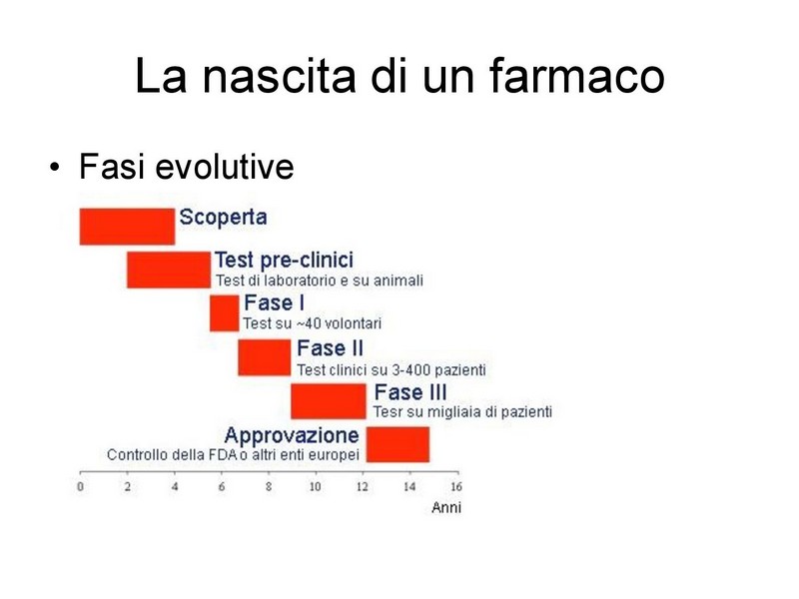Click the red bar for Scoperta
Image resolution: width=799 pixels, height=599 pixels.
click(128, 227)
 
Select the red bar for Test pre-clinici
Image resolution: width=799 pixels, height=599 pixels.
click(169, 270)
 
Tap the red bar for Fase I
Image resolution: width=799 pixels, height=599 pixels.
click(224, 313)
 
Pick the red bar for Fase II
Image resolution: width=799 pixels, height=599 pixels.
click(265, 357)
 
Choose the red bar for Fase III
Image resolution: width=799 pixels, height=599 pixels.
click(329, 401)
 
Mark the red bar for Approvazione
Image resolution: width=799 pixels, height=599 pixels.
click(398, 444)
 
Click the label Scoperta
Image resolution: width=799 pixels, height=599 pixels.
click(223, 218)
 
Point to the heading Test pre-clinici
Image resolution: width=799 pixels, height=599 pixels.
click(284, 261)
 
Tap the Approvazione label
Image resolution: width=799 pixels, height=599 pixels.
click(292, 435)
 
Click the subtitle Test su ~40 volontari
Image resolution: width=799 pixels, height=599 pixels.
click(312, 323)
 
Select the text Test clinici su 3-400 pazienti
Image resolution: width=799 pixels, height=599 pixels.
click(392, 369)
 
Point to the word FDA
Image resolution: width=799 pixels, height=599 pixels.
click(223, 455)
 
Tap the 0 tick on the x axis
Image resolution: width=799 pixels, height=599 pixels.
click(80, 487)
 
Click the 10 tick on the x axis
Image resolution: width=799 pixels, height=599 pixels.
click(315, 487)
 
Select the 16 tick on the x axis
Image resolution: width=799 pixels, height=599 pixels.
click(456, 487)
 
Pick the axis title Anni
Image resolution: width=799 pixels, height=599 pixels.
click(446, 507)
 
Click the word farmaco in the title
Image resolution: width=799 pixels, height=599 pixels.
click(577, 77)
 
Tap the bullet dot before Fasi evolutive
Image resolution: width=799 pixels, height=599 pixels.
click(55, 167)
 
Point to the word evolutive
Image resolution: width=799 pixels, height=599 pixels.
click(224, 166)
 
